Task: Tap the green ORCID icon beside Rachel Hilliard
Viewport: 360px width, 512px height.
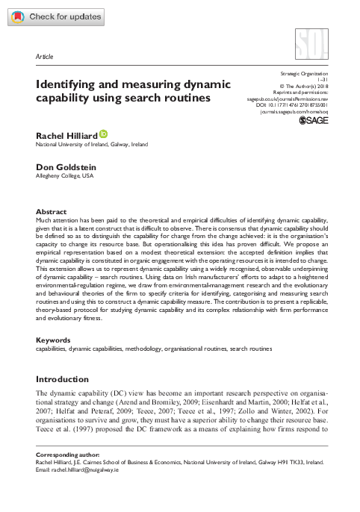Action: point(103,134)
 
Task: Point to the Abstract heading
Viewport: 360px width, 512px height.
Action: point(52,212)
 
